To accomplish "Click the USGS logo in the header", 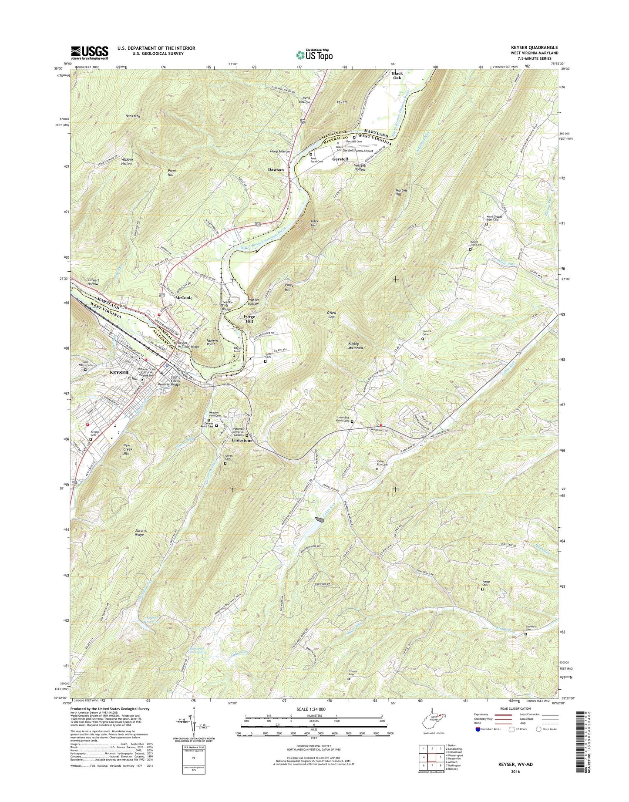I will point(89,53).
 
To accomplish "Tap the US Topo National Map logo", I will point(314,55).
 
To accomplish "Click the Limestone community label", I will point(242,440).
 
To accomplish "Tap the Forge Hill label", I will point(249,319).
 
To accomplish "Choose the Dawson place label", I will point(276,169).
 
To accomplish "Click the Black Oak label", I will point(397,75).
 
